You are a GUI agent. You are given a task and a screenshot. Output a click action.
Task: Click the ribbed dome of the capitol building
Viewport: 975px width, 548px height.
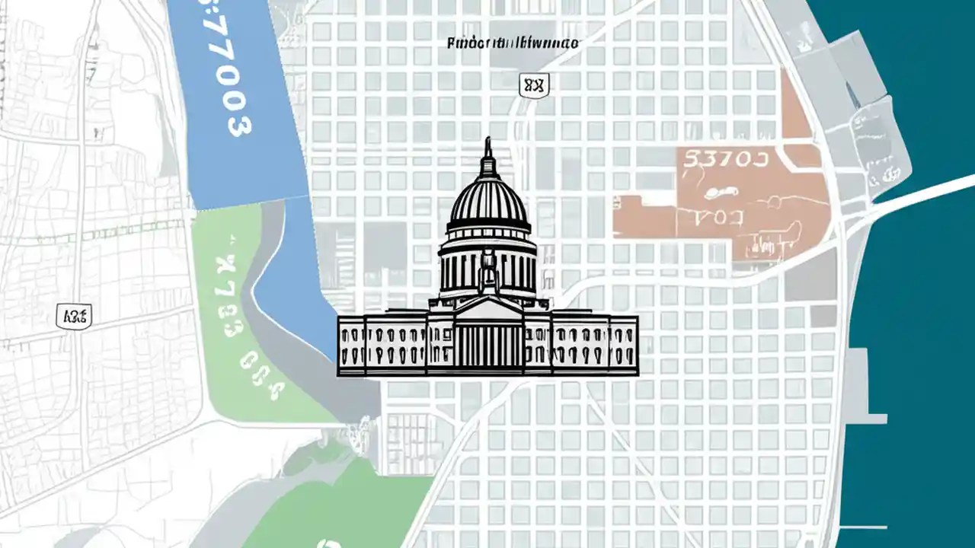click(488, 202)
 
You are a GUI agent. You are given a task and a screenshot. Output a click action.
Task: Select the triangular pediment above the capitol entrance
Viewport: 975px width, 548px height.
click(487, 308)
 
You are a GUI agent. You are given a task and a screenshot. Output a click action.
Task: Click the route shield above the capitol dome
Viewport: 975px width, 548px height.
click(533, 85)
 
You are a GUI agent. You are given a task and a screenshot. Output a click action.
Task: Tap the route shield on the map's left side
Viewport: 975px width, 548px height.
click(74, 316)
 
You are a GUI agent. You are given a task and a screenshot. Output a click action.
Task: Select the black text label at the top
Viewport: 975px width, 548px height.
click(512, 43)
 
